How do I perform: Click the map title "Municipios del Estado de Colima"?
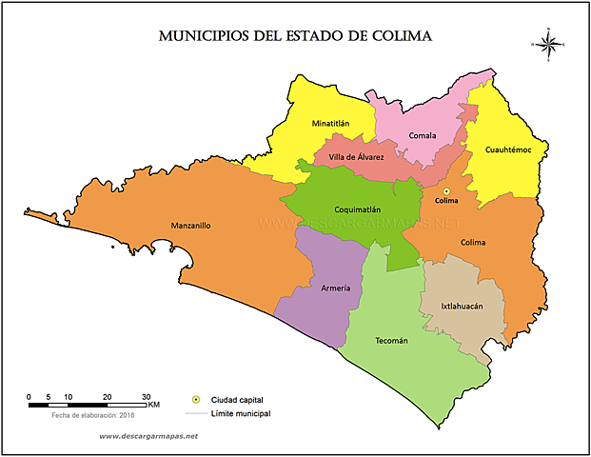pyautogui.click(x=295, y=37)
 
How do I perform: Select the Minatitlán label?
pyautogui.click(x=330, y=124)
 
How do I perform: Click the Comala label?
pyautogui.click(x=422, y=135)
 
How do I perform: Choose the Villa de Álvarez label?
pyautogui.click(x=356, y=156)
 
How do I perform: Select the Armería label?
pyautogui.click(x=335, y=288)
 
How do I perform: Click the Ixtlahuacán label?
pyautogui.click(x=463, y=307)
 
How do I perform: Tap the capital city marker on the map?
pyautogui.click(x=446, y=191)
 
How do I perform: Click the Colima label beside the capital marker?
pyautogui.click(x=446, y=201)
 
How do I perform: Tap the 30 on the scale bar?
pyautogui.click(x=145, y=396)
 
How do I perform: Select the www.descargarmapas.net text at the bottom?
pyautogui.click(x=148, y=436)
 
